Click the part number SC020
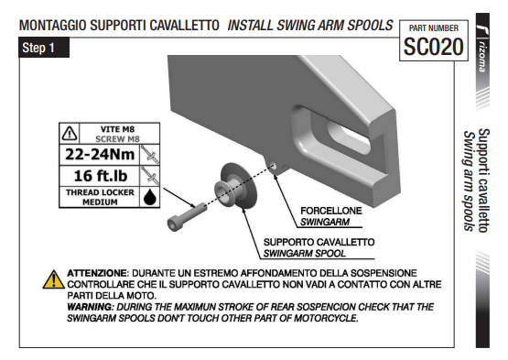pyautogui.click(x=433, y=47)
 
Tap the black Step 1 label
pyautogui.click(x=44, y=48)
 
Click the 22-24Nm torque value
pyautogui.click(x=100, y=154)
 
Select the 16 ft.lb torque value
pyautogui.click(x=101, y=176)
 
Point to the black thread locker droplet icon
pyautogui.click(x=150, y=197)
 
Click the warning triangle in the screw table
pyautogui.click(x=70, y=134)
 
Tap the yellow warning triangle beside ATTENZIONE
pyautogui.click(x=53, y=279)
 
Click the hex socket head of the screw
pyautogui.click(x=172, y=224)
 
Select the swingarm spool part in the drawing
pyautogui.click(x=235, y=187)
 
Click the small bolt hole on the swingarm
pyautogui.click(x=273, y=167)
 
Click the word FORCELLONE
pyautogui.click(x=331, y=211)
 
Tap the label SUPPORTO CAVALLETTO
pyautogui.click(x=319, y=242)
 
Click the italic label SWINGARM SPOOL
pyautogui.click(x=304, y=254)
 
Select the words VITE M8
pyautogui.click(x=117, y=129)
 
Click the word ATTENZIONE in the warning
pyautogui.click(x=96, y=273)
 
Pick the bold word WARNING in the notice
pyautogui.click(x=91, y=307)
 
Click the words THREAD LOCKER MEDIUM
pyautogui.click(x=100, y=197)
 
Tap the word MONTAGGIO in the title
pyautogui.click(x=52, y=26)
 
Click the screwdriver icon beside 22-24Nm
pyautogui.click(x=150, y=155)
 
